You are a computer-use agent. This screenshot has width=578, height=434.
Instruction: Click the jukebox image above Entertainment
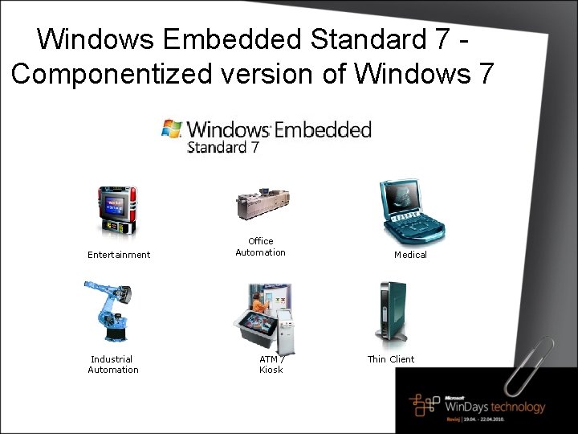pyautogui.click(x=117, y=211)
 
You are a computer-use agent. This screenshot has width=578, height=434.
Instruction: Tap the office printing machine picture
pyautogui.click(x=262, y=203)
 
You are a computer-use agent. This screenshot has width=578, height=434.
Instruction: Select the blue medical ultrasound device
pyautogui.click(x=410, y=211)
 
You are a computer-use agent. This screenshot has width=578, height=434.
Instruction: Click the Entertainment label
pyautogui.click(x=119, y=255)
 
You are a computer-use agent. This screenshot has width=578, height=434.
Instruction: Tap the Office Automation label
pyautogui.click(x=260, y=247)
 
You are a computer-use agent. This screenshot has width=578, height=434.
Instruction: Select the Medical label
pyautogui.click(x=410, y=255)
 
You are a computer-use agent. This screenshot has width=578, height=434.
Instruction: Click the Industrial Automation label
pyautogui.click(x=112, y=364)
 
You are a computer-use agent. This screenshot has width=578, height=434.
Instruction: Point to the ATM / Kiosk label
pyautogui.click(x=271, y=364)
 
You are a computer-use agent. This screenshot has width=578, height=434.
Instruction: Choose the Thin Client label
pyautogui.click(x=391, y=359)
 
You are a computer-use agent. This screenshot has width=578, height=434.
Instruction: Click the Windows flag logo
pyautogui.click(x=172, y=129)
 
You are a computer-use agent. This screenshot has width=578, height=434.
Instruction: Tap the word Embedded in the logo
pyautogui.click(x=323, y=129)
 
